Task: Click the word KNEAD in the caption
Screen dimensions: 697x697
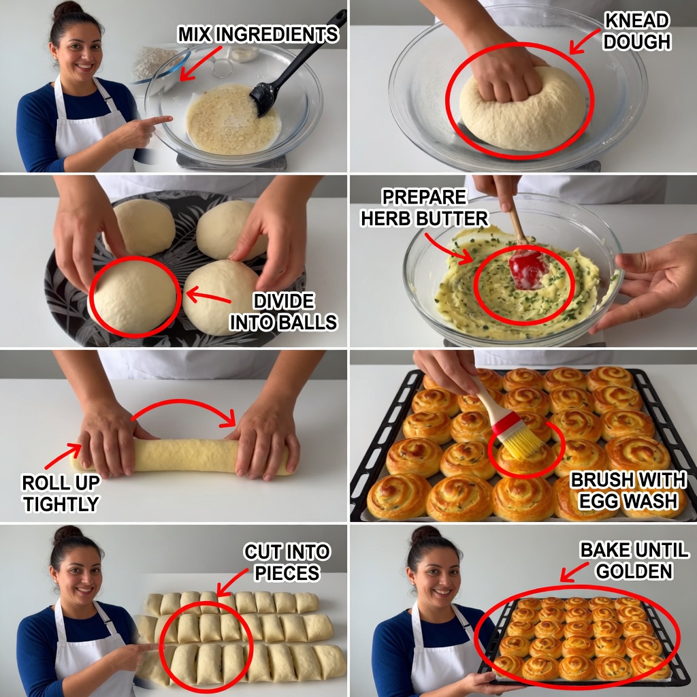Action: tap(636, 21)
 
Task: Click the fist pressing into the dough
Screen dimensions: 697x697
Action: tap(506, 76)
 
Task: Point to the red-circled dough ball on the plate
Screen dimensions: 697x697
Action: tap(135, 296)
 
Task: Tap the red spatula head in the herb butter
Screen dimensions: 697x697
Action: tap(528, 268)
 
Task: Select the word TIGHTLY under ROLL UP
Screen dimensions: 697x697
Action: tap(61, 504)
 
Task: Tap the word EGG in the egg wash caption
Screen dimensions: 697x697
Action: tap(598, 501)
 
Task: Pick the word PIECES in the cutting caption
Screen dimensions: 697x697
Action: tap(287, 573)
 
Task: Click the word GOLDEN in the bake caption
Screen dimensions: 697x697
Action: tap(634, 571)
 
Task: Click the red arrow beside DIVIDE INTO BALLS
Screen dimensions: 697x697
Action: tap(208, 296)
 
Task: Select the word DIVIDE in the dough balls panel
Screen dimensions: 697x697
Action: tap(284, 302)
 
